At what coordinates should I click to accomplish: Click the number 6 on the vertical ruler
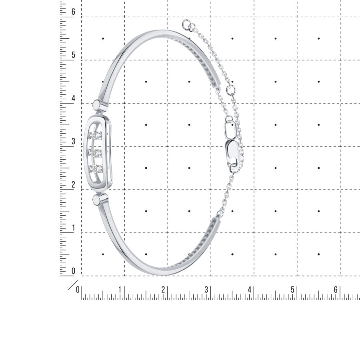(73, 12)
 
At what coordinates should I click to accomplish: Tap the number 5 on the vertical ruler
(73, 55)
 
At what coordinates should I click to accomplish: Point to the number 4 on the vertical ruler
(73, 98)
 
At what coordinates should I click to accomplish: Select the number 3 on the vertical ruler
(73, 141)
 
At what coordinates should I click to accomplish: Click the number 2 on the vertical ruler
(73, 184)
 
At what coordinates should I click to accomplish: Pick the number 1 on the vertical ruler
(74, 228)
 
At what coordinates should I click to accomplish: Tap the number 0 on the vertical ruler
(73, 271)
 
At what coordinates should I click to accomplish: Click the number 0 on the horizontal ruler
(78, 290)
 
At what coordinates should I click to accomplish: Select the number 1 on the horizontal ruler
(120, 290)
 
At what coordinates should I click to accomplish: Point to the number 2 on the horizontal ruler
(163, 290)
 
